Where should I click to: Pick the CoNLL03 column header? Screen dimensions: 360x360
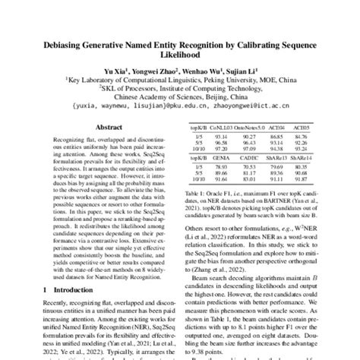click(x=225, y=128)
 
